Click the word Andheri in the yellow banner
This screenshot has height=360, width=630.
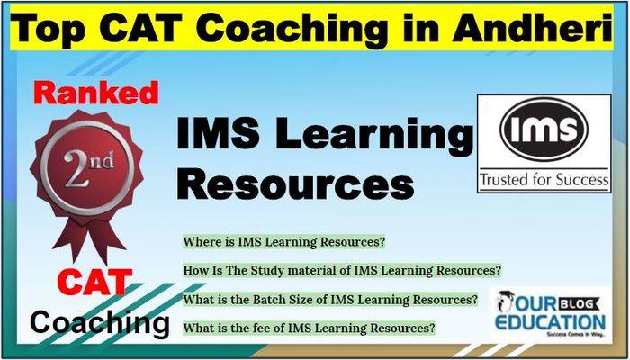pyautogui.click(x=532, y=28)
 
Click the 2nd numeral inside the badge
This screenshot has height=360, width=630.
pyautogui.click(x=89, y=168)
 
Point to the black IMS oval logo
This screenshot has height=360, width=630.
pyautogui.click(x=544, y=130)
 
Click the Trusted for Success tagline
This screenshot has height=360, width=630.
pyautogui.click(x=544, y=179)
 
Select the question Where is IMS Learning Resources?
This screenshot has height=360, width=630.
pyautogui.click(x=284, y=242)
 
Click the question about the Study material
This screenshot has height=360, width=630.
pyautogui.click(x=342, y=270)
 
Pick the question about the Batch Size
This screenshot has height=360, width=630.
pyautogui.click(x=330, y=300)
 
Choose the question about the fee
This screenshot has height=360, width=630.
pyautogui.click(x=309, y=328)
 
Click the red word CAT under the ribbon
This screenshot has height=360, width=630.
pyautogui.click(x=95, y=282)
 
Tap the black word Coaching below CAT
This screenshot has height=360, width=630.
pyautogui.click(x=100, y=324)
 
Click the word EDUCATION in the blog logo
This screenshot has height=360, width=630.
pyautogui.click(x=550, y=322)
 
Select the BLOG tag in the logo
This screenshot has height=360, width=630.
pyautogui.click(x=581, y=304)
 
